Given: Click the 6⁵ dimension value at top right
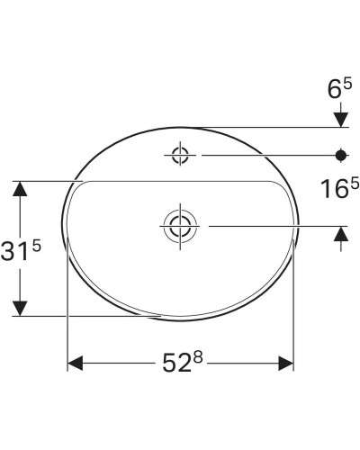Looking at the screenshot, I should click(x=341, y=90).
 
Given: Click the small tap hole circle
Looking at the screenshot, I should click(x=180, y=155).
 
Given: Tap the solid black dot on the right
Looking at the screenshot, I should click(x=341, y=155).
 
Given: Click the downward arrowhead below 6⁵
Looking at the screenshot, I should click(x=341, y=118).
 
